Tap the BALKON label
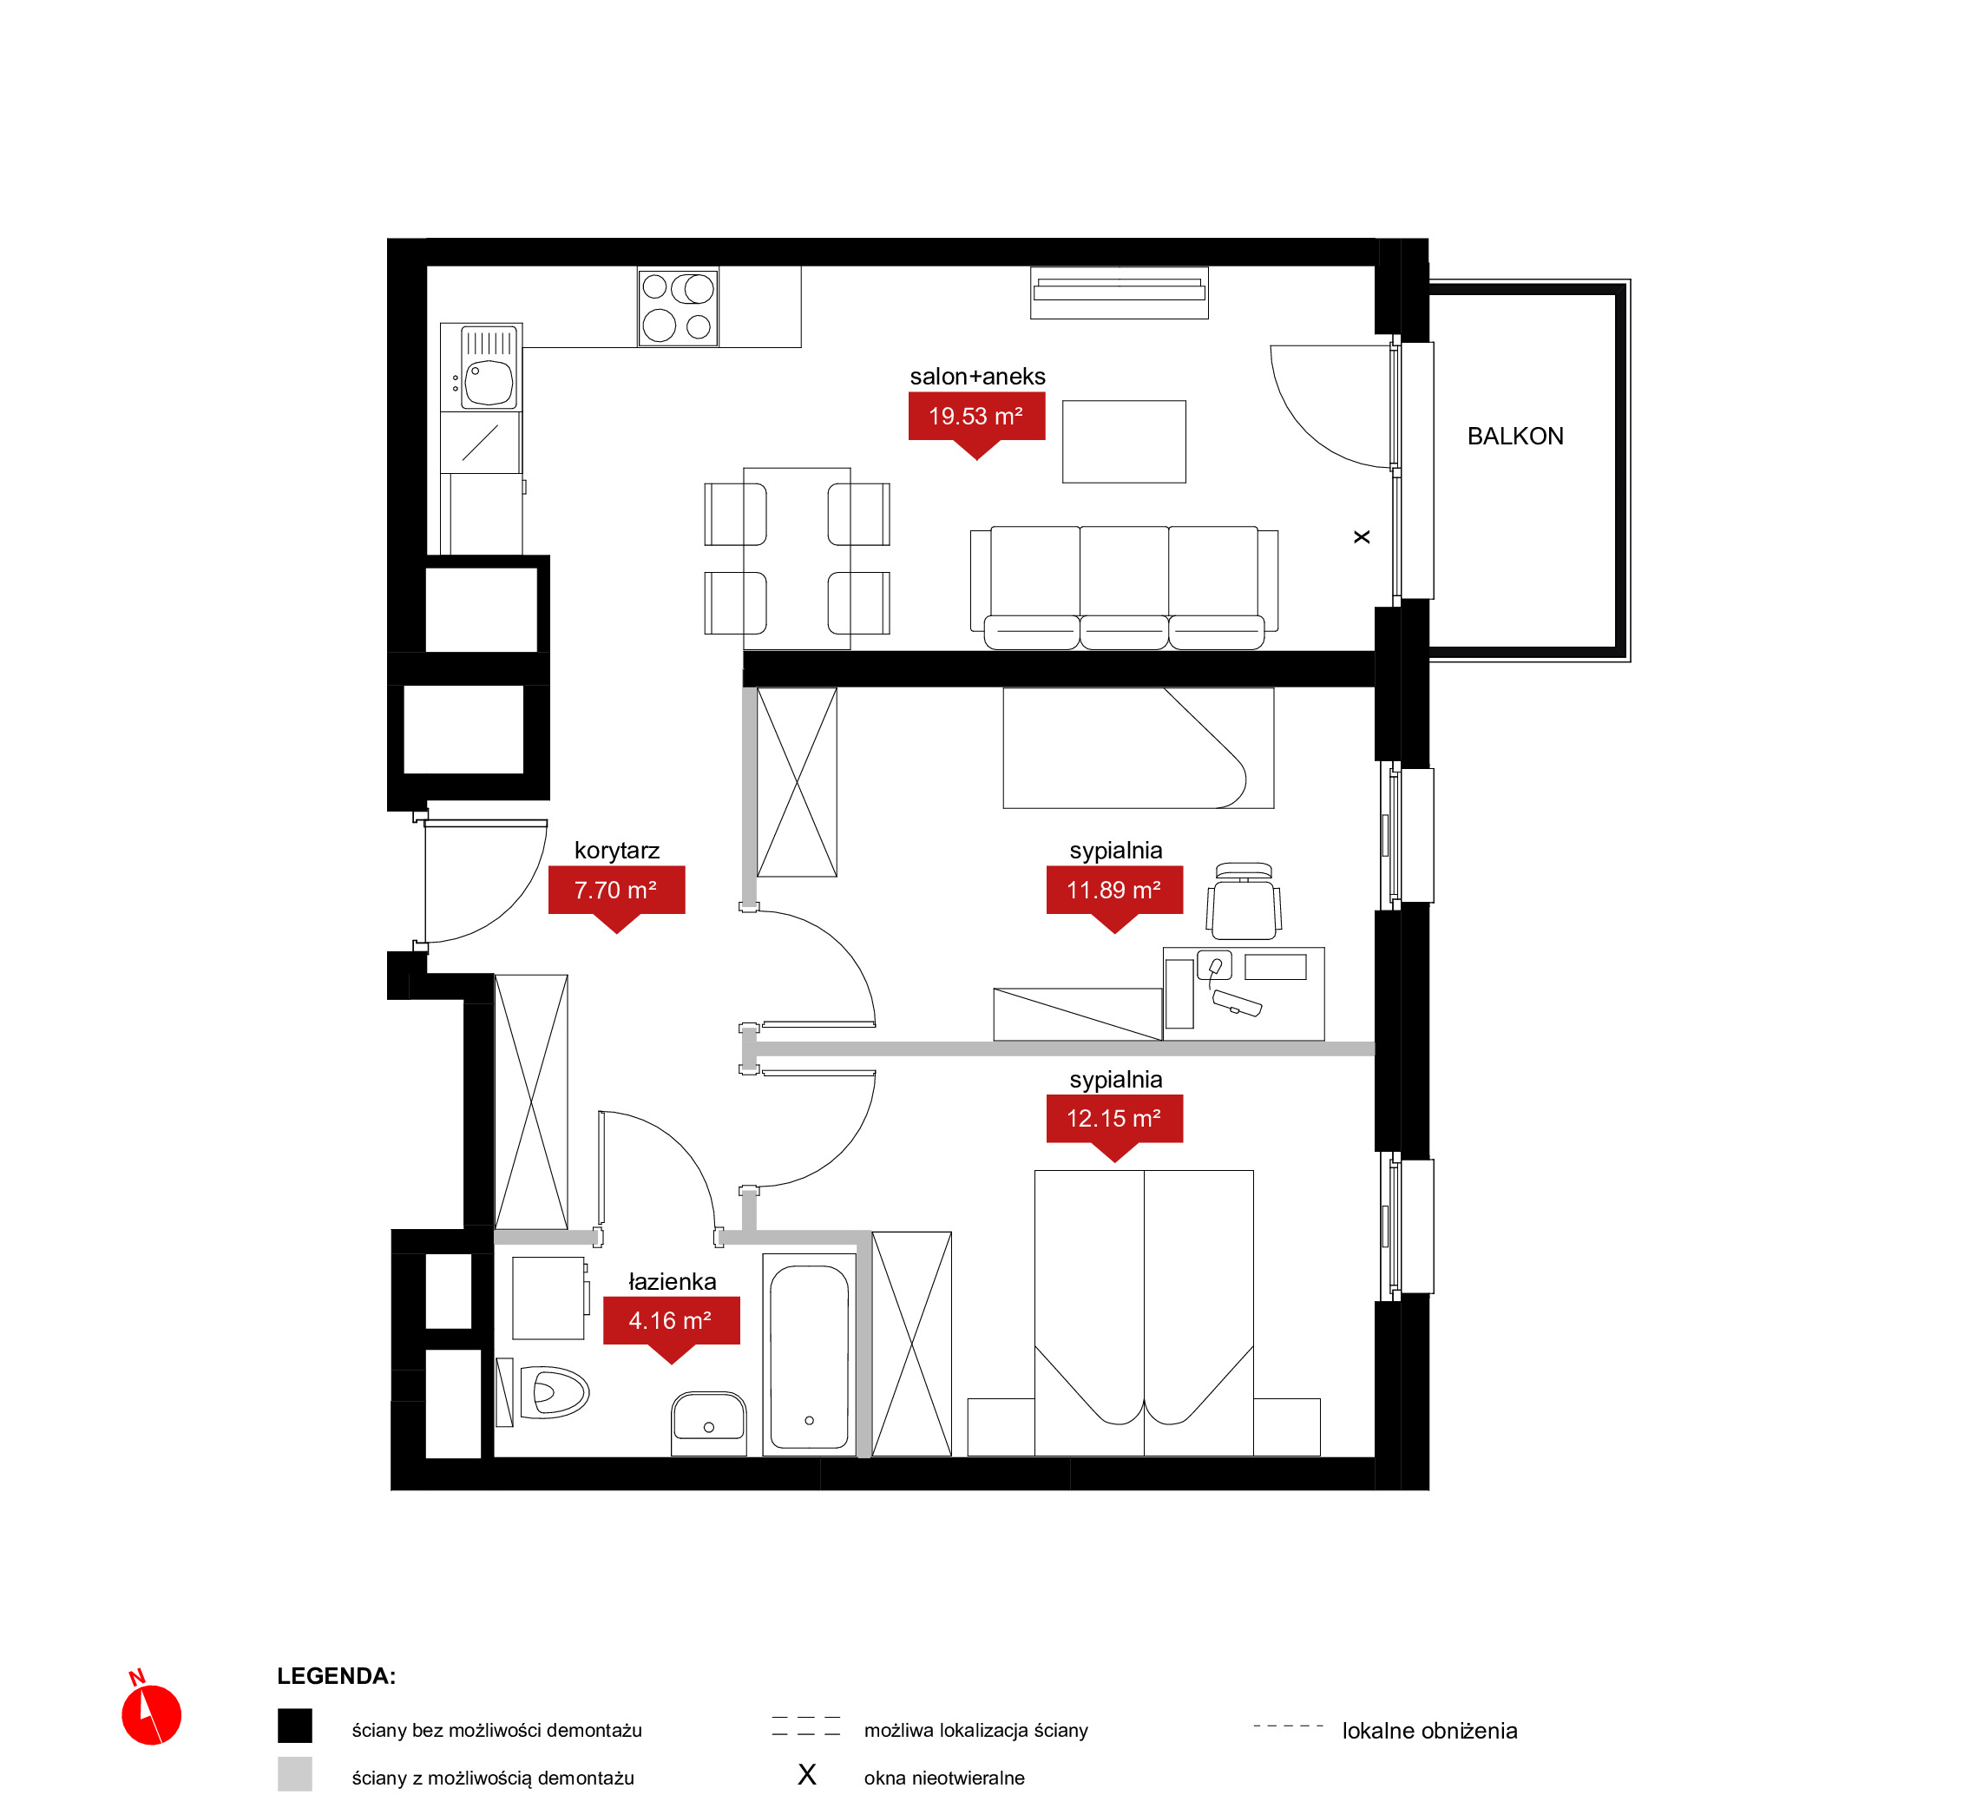pyautogui.click(x=1515, y=437)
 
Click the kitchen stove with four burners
pyautogui.click(x=678, y=307)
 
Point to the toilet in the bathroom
pyautogui.click(x=553, y=1392)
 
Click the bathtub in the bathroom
pyautogui.click(x=809, y=1355)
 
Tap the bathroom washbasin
pyautogui.click(x=709, y=1423)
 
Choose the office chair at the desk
pyautogui.click(x=1244, y=901)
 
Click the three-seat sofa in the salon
pyautogui.click(x=1124, y=588)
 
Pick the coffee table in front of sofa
pyautogui.click(x=1124, y=441)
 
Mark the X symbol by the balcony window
pyautogui.click(x=1362, y=537)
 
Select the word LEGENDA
pyautogui.click(x=336, y=1676)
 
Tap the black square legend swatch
pyautogui.click(x=294, y=1726)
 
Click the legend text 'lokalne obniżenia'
pyautogui.click(x=1429, y=1731)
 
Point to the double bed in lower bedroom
pyautogui.click(x=1144, y=1313)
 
